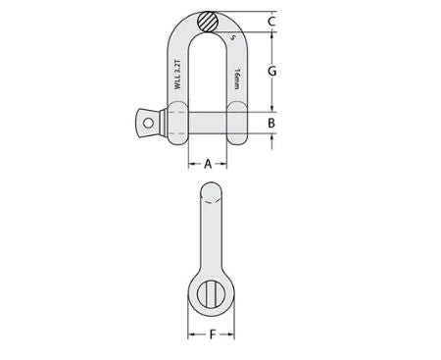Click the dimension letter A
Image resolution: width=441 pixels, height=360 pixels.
click(x=208, y=165)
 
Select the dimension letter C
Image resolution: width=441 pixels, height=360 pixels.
click(x=271, y=20)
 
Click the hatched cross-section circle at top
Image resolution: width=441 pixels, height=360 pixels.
click(x=208, y=20)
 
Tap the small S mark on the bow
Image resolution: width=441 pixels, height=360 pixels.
click(x=234, y=38)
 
